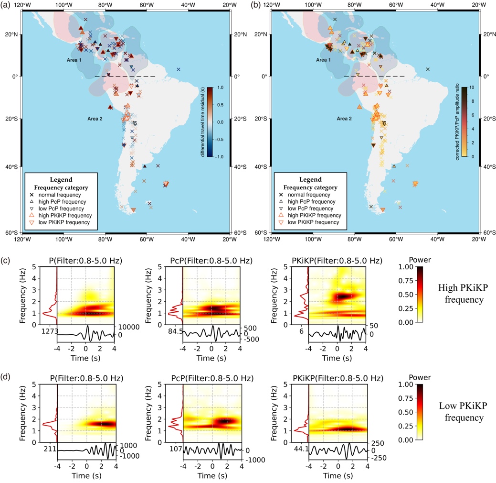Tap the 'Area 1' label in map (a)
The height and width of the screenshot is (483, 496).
click(74, 60)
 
